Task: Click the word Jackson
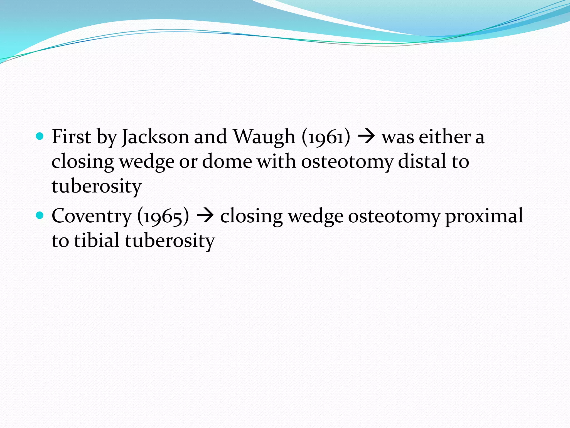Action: tap(155, 137)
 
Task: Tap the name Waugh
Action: tap(264, 137)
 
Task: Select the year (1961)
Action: tap(326, 137)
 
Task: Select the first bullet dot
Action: tap(40, 136)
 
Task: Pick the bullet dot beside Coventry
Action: tap(40, 215)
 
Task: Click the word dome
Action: tap(227, 162)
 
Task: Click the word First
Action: tap(71, 137)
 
